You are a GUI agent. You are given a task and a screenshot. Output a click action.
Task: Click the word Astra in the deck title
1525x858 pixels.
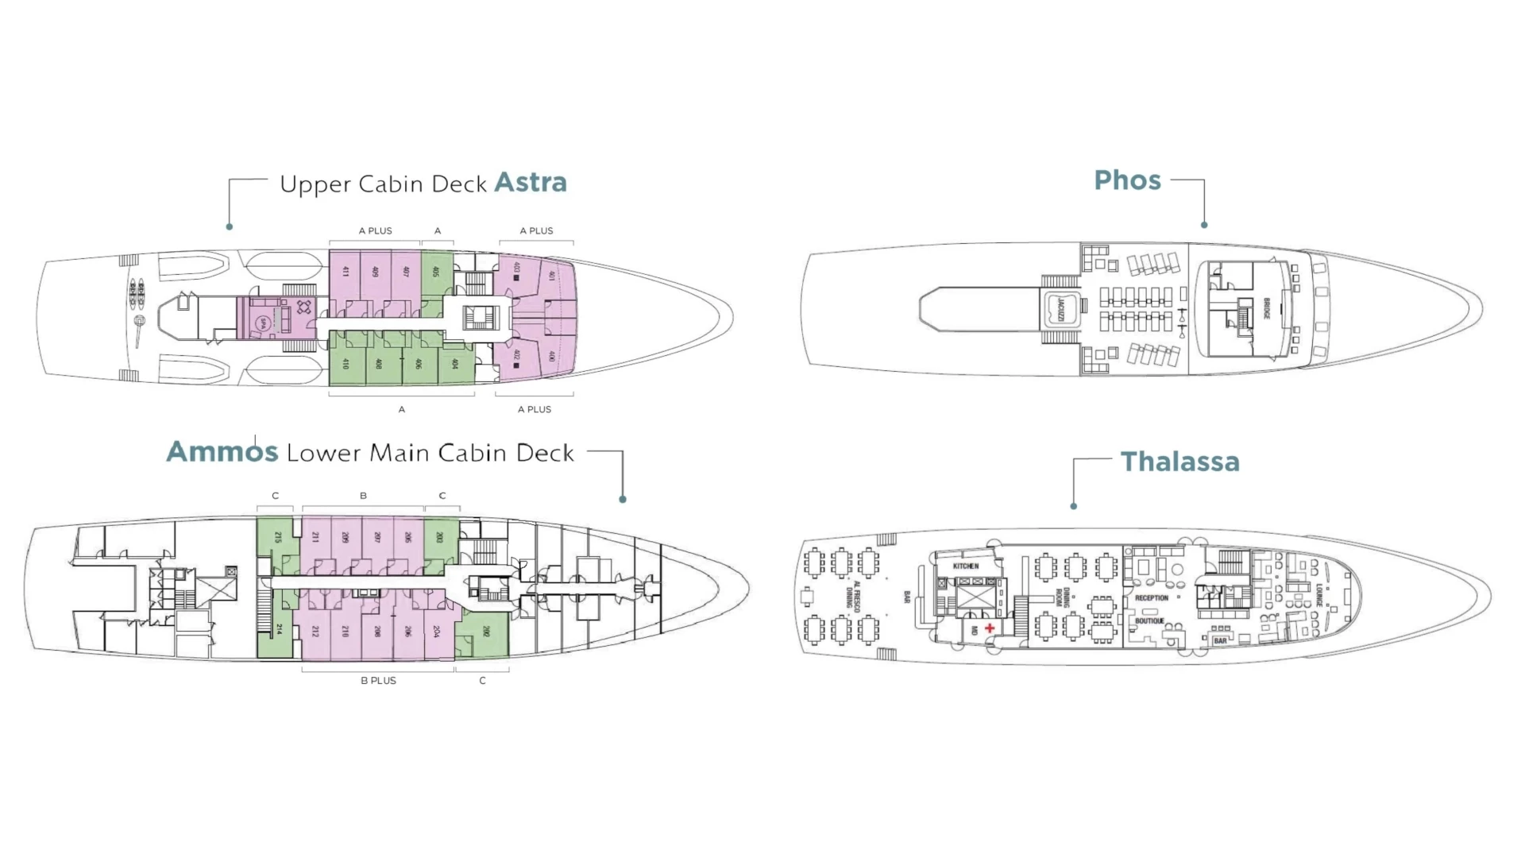tap(531, 183)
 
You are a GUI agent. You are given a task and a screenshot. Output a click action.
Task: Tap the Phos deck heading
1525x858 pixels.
tap(1127, 180)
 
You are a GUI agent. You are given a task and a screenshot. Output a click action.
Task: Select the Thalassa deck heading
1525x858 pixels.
tap(1179, 462)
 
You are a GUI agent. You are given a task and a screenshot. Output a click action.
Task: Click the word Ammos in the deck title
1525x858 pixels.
tap(222, 452)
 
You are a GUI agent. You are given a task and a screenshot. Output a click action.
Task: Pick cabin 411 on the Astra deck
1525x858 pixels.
tap(346, 272)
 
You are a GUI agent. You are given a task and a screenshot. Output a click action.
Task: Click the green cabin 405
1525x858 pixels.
tap(435, 272)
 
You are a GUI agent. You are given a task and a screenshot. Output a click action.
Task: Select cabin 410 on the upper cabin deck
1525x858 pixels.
tap(346, 364)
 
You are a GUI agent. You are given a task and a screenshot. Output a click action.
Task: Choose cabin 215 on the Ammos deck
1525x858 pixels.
tap(277, 538)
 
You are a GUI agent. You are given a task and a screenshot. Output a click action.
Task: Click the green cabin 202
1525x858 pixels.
tap(485, 632)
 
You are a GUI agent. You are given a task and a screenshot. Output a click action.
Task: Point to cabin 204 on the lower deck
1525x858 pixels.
tap(436, 632)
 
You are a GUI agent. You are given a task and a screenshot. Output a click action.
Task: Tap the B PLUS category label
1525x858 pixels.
tap(378, 681)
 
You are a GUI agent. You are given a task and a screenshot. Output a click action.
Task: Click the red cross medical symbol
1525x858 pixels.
tap(990, 628)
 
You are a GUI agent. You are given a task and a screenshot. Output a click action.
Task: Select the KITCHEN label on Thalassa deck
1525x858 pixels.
tap(966, 566)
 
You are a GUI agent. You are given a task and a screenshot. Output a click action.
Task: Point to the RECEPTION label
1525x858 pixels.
tap(1151, 598)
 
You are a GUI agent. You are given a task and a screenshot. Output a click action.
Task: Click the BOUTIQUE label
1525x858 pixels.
tap(1149, 621)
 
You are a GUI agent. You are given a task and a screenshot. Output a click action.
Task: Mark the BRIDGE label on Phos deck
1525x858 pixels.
tap(1267, 309)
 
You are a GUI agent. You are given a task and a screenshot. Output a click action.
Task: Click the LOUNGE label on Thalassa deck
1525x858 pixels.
tap(1319, 595)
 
